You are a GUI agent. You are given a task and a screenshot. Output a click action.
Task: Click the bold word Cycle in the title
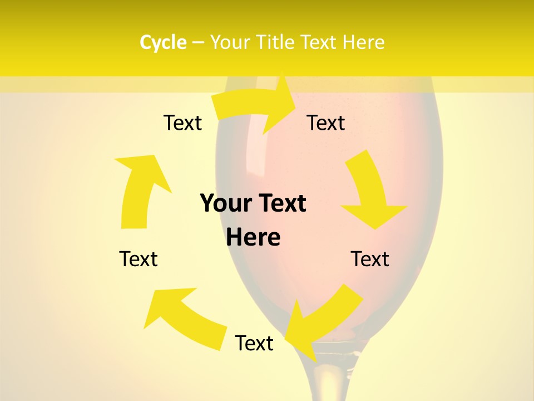pyautogui.click(x=162, y=42)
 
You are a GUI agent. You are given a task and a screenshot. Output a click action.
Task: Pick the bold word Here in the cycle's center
pyautogui.click(x=253, y=237)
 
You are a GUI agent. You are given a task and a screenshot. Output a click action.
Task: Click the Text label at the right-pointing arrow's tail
pyautogui.click(x=182, y=123)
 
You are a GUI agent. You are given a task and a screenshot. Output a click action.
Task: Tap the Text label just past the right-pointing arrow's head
pyautogui.click(x=326, y=123)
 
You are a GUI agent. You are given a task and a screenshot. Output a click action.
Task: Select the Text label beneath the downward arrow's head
pyautogui.click(x=370, y=259)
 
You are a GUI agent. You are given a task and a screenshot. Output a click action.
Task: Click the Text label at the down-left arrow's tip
pyautogui.click(x=254, y=343)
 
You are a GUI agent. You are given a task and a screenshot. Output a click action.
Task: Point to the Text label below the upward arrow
pyautogui.click(x=139, y=259)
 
